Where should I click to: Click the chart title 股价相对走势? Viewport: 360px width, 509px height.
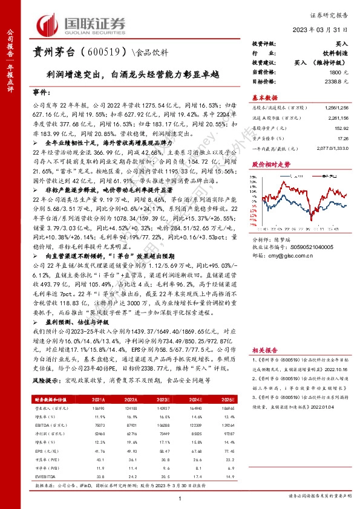pos(270,164)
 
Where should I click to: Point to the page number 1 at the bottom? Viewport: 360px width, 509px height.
pos(180,499)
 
